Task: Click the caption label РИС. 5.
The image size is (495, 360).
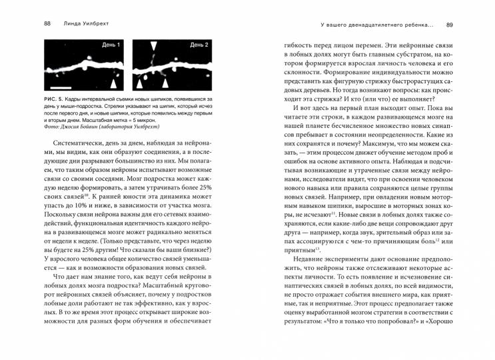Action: pyautogui.click(x=54, y=99)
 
